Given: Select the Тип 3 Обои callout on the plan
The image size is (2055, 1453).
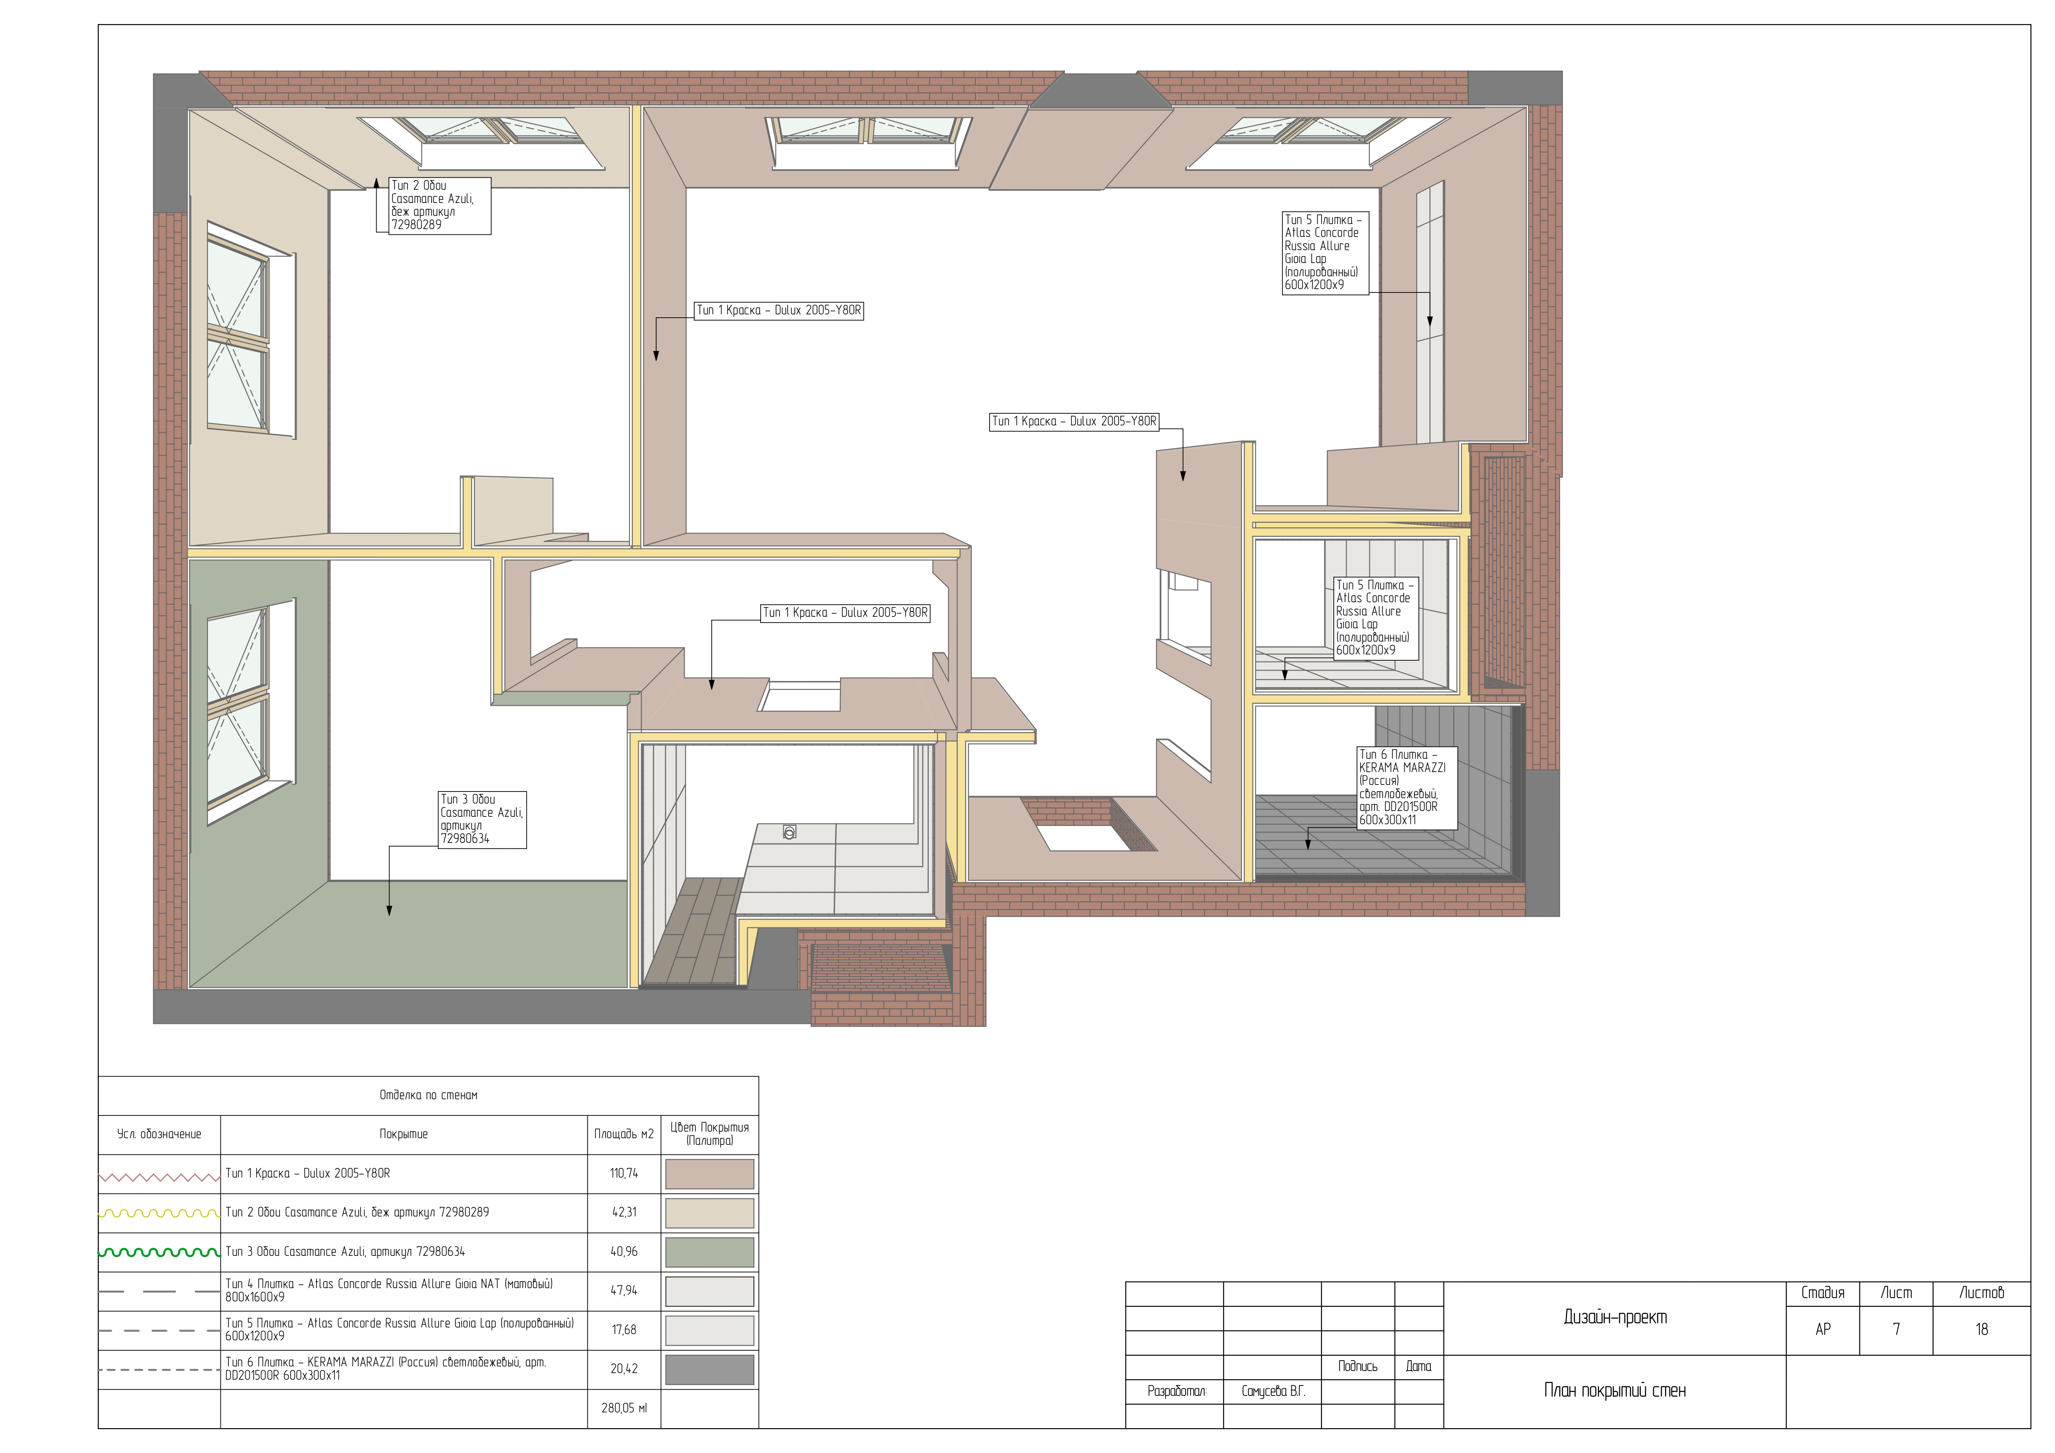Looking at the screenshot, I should tap(481, 818).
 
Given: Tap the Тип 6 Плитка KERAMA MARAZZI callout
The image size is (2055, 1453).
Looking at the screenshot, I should tap(1406, 787).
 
